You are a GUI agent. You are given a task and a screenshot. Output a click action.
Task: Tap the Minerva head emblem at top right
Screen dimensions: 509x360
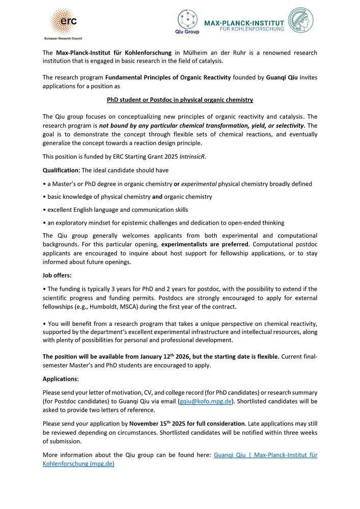pos(301,20)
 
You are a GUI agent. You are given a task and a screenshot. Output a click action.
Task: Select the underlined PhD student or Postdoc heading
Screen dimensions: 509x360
pos(180,100)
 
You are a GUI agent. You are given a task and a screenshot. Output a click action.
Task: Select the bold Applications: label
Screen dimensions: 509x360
pos(61,379)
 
